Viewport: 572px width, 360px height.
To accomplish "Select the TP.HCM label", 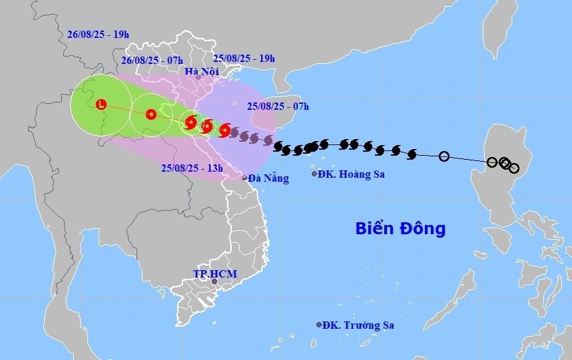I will coord(215,273).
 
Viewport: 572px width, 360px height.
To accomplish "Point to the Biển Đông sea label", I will coord(400,229).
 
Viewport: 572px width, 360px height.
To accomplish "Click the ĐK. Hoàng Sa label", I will coord(351,174).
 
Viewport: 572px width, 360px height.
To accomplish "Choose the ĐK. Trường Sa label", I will coord(358,325).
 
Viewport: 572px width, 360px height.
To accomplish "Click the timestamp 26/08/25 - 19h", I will coord(98,34).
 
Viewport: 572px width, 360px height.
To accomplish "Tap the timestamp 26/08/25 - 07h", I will coord(152,60).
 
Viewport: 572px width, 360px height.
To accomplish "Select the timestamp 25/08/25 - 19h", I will coord(244,58).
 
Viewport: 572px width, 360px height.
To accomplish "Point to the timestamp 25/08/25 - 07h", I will coord(278,106).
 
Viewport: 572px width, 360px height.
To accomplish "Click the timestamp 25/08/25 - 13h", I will coord(192,168).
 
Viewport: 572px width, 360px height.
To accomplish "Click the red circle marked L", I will coord(101,104).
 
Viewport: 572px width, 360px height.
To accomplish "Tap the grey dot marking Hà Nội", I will coord(198,78).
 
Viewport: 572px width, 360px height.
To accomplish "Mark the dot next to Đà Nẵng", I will coord(245,178).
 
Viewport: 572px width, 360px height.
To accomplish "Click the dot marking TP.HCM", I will coord(214,282).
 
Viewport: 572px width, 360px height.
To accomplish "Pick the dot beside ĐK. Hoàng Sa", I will coord(314,174).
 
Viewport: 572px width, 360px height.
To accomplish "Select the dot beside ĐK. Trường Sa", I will coord(319,325).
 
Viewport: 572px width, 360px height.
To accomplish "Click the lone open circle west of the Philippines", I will coord(444,156).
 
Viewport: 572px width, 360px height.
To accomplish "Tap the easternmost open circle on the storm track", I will coord(513,168).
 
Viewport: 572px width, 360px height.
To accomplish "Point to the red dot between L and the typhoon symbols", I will coord(151,114).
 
